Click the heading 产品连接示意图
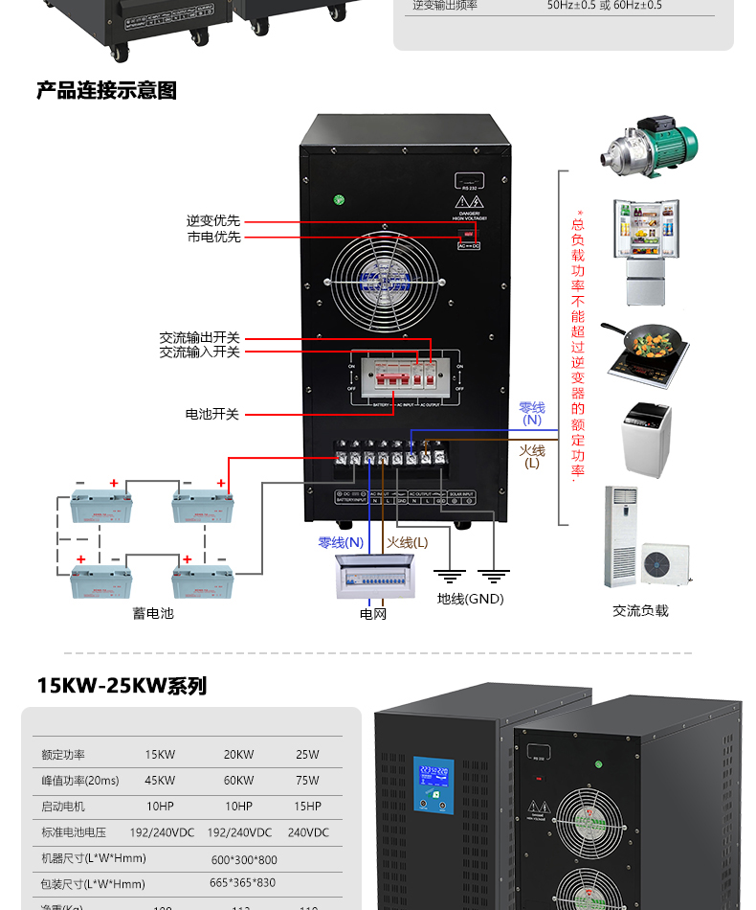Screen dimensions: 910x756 (106, 91)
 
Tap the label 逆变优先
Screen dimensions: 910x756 (213, 221)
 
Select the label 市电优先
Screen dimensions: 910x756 (213, 237)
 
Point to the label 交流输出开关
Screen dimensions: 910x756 (199, 338)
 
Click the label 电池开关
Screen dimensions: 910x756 (211, 414)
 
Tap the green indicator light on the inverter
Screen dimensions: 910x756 (338, 200)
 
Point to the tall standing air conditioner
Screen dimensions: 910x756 (619, 536)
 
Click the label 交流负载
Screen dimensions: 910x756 (640, 610)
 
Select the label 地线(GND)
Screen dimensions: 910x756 (470, 599)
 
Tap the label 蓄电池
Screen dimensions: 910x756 (153, 612)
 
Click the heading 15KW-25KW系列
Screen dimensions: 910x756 (122, 686)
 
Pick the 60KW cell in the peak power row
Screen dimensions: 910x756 (238, 781)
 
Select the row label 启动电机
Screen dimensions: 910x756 (63, 807)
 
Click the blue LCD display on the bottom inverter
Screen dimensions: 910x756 (434, 785)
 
